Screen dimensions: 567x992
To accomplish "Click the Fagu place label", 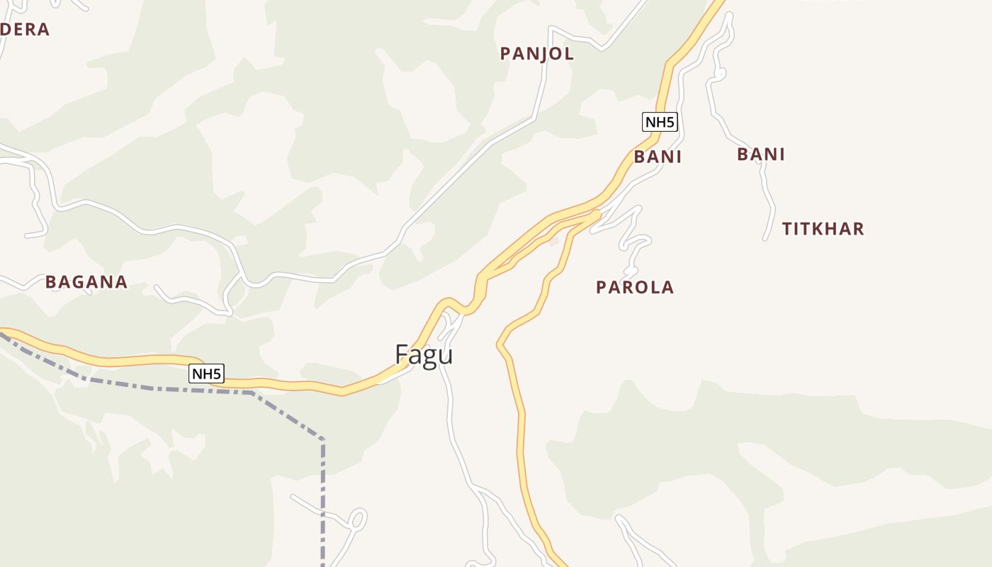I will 424,354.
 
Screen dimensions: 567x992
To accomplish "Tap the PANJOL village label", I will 536,54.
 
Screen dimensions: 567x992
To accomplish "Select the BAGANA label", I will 86,282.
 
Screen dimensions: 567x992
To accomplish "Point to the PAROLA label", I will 634,287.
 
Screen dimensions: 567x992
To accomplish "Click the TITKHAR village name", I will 823,229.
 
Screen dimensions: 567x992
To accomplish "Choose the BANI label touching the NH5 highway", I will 658,157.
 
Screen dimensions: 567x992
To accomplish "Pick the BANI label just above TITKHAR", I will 761,155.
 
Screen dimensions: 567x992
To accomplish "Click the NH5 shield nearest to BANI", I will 660,122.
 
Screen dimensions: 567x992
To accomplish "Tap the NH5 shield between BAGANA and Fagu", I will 206,374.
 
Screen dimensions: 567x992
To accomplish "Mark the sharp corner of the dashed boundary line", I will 322,440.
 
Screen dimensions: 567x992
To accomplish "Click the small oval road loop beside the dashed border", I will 358,520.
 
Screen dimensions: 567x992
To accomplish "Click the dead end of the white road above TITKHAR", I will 765,239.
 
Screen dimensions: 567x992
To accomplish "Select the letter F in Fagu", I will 402,354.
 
